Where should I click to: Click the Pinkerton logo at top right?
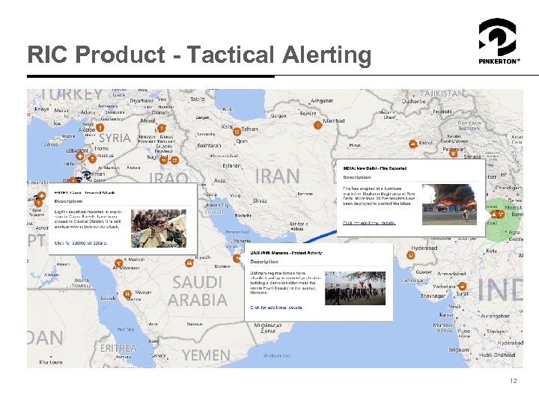click(497, 41)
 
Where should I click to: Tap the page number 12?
click(513, 382)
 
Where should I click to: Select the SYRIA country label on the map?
click(115, 138)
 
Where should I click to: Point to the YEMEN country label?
click(206, 355)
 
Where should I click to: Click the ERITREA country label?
click(118, 348)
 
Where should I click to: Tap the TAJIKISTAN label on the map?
click(442, 94)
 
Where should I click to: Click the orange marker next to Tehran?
click(237, 131)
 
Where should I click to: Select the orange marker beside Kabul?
click(412, 143)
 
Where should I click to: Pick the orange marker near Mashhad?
click(317, 126)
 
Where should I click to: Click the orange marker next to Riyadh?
click(189, 263)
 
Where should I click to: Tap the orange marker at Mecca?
click(127, 293)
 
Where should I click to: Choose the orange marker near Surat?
click(462, 287)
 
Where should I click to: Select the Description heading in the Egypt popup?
click(68, 201)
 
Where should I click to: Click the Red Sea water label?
click(125, 329)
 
